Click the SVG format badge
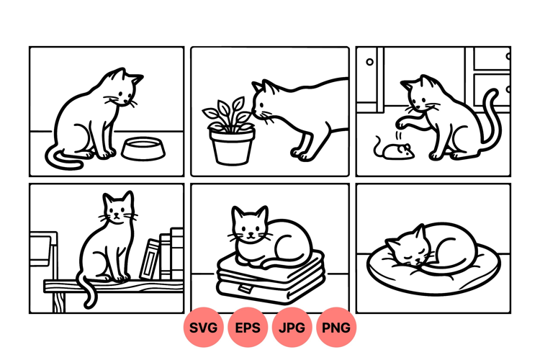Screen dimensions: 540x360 tap(203, 328)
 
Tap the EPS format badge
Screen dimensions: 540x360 tap(248, 328)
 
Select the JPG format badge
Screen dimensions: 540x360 tap(292, 328)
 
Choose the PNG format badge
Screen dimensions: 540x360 tap(336, 328)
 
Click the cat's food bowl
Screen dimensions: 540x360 tap(143, 149)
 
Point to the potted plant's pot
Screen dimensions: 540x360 tap(232, 146)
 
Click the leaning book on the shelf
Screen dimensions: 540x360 tap(150, 259)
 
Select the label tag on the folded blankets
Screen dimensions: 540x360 tap(245, 289)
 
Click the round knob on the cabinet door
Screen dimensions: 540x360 tap(369, 62)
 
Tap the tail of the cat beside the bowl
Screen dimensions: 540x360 tap(62, 160)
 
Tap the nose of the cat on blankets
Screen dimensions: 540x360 tap(251, 234)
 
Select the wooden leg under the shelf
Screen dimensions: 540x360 tap(59, 302)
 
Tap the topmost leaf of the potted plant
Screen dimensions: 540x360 tap(238, 104)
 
